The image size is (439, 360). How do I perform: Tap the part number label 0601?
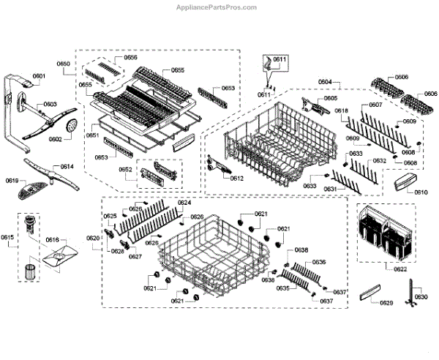tap(39, 76)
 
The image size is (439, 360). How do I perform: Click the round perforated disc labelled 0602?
tap(71, 129)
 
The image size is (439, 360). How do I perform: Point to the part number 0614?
tap(67, 167)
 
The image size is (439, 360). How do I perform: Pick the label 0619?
tap(12, 179)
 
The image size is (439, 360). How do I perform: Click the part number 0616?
tap(53, 239)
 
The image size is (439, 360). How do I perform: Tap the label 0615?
tap(7, 238)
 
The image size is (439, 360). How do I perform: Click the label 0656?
tap(130, 57)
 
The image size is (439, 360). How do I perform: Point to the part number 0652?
tap(126, 169)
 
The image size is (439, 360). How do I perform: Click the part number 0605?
tap(331, 98)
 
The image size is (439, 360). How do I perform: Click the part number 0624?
tap(184, 203)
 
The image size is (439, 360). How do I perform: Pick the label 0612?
tap(236, 178)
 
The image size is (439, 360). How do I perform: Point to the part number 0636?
tap(319, 262)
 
